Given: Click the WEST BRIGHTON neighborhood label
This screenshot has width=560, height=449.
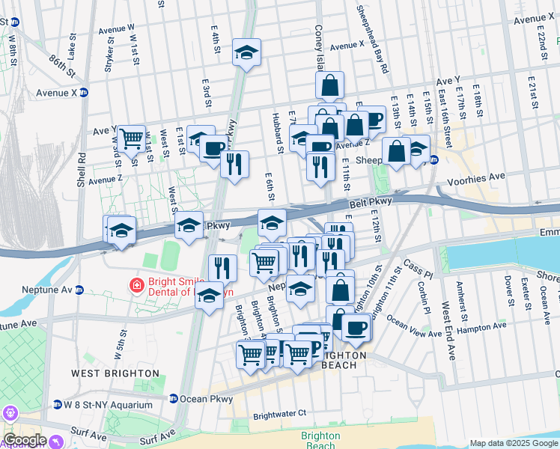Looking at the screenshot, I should pos(115,373).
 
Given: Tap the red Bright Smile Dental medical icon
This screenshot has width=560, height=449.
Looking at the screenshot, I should pos(136,285).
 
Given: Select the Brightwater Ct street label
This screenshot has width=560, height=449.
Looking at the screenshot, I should pos(280,413).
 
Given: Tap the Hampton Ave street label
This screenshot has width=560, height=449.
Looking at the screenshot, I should pos(481,329).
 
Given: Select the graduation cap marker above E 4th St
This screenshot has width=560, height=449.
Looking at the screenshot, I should pos(246,52).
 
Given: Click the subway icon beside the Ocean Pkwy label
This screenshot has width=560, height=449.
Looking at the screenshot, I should pos(174,399).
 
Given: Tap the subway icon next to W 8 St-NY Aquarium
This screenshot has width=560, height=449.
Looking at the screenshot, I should pos(58,405).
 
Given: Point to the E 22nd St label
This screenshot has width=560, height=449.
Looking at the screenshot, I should pos(542,46).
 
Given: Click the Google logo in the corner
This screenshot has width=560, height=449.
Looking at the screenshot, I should pos(24,440).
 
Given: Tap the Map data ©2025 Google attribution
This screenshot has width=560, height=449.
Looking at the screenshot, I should pos(514,443).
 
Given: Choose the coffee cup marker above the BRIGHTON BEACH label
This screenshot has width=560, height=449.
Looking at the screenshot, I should pos(356,326).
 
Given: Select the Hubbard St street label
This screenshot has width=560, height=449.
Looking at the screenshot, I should pos(278,135).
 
